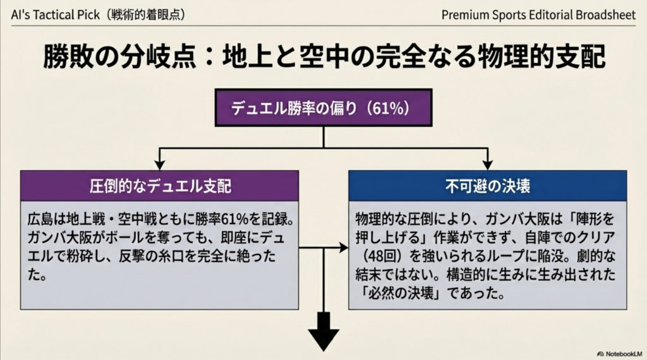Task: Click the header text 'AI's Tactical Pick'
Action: click(x=56, y=15)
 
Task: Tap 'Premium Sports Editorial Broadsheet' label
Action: click(x=538, y=15)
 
